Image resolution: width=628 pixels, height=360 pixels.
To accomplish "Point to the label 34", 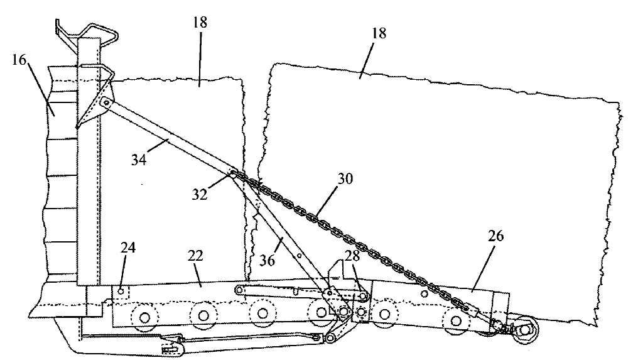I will coord(139,160).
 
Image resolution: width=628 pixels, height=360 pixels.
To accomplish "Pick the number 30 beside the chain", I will coord(344,178).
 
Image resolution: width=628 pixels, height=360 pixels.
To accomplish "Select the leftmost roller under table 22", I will coord(145,318).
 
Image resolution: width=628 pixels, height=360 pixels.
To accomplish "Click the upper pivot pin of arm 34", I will coord(107,102).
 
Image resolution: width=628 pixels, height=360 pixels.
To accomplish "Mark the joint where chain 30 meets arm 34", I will coord(233,175).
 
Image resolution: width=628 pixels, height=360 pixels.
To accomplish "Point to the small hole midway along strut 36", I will coord(300,256).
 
